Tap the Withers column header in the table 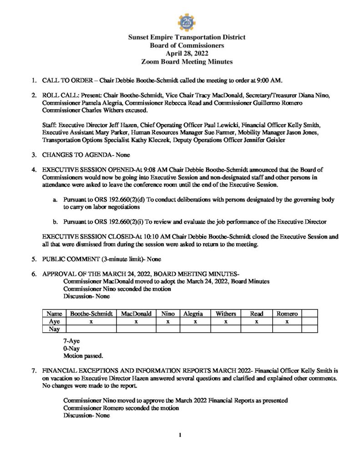226,314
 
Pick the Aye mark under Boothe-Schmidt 91,321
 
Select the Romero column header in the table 287,314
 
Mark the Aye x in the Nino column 167,321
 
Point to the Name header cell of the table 54,314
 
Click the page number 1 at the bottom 180,436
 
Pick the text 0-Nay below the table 71,348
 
